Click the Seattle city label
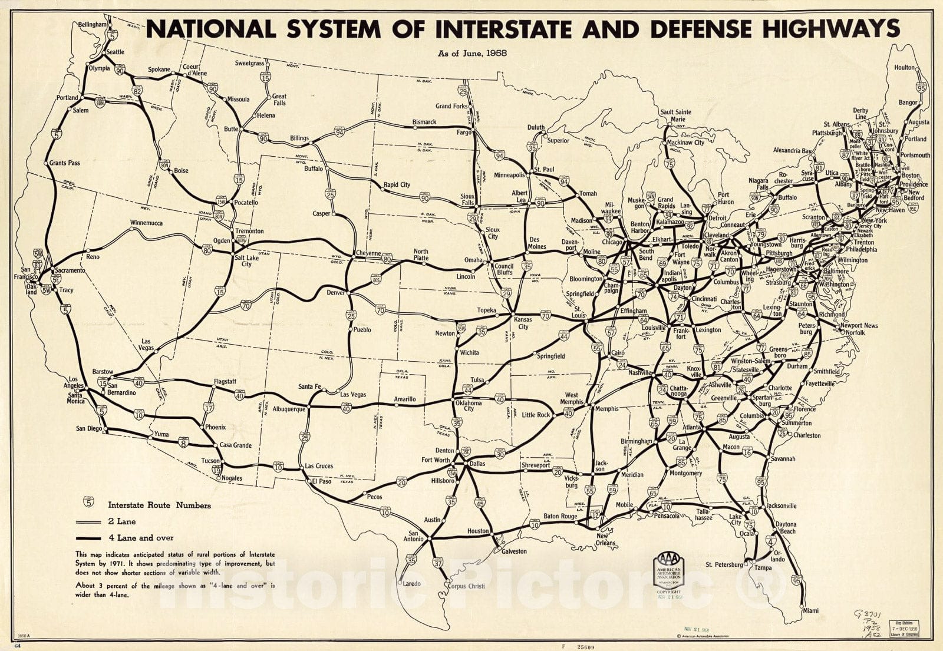tap(115, 52)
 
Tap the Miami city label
tap(810, 611)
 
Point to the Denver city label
tap(335, 293)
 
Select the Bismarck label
tap(424, 122)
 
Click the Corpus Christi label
tap(466, 586)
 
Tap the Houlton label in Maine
tap(904, 68)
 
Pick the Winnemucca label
tap(146, 223)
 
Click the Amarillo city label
tap(405, 399)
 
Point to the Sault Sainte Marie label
tap(675, 115)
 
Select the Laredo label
tap(412, 584)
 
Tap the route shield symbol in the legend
tap(89, 502)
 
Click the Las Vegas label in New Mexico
tap(353, 394)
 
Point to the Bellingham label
tap(93, 25)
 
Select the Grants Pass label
tap(65, 163)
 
